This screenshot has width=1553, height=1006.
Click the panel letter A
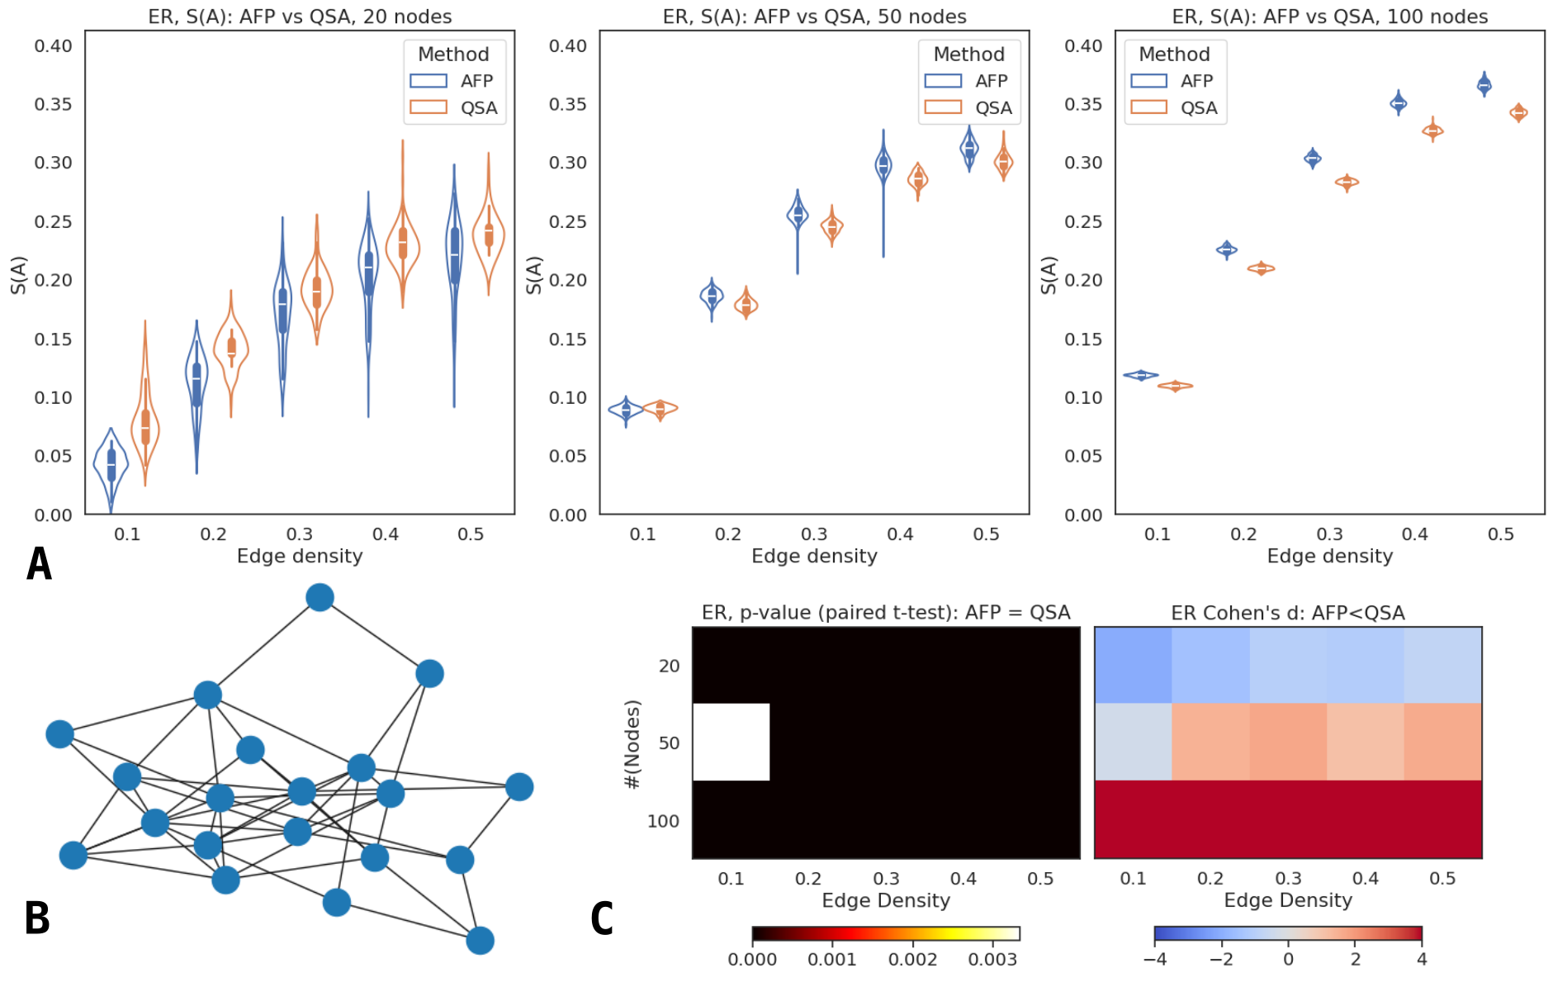pos(39,565)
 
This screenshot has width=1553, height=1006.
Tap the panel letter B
pos(37,918)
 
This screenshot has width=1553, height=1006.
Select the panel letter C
pos(602,918)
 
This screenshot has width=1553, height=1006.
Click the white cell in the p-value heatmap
pos(732,742)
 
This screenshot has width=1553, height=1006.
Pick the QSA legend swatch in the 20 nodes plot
pos(428,107)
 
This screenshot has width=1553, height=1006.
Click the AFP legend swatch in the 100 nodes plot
pos(1148,81)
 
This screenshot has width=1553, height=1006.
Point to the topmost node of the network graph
pos(320,597)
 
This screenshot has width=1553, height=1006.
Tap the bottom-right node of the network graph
pos(480,940)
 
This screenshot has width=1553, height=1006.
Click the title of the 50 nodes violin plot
pos(814,17)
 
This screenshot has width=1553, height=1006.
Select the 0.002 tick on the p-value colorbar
pos(912,959)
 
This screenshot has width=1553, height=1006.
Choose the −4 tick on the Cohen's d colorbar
pos(1154,959)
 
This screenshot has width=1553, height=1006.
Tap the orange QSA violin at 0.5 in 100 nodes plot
pos(1518,112)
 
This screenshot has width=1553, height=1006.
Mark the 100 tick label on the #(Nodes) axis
pos(663,821)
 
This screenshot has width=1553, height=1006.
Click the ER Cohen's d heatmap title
pos(1287,613)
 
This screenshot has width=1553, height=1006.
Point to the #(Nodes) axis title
pos(632,744)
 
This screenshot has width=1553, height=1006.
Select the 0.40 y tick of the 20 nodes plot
pos(53,46)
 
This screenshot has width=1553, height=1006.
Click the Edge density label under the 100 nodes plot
pos(1329,556)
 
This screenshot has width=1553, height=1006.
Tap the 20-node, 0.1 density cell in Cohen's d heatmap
pos(1133,666)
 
